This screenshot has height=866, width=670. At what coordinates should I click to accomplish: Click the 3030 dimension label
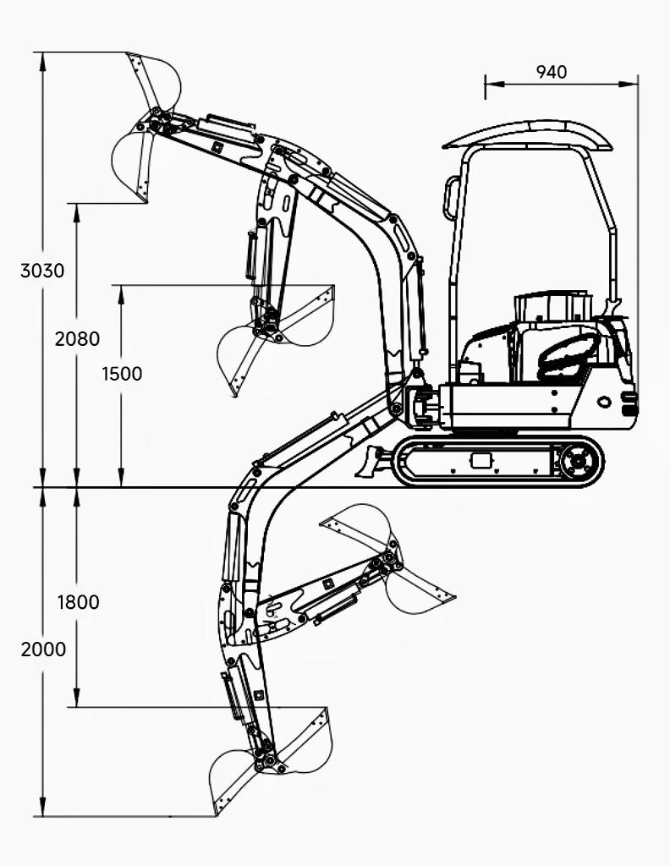pyautogui.click(x=42, y=271)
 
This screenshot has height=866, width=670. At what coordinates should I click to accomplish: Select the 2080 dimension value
pyautogui.click(x=77, y=339)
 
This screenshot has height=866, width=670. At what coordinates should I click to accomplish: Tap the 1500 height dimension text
pyautogui.click(x=122, y=374)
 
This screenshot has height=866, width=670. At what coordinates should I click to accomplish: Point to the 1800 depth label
pyautogui.click(x=78, y=602)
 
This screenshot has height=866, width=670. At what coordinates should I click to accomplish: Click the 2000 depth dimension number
pyautogui.click(x=43, y=649)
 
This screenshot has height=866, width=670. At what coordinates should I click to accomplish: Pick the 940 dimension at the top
pyautogui.click(x=552, y=72)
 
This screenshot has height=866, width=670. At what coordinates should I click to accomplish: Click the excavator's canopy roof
pyautogui.click(x=528, y=134)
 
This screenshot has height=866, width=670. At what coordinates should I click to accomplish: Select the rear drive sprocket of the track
pyautogui.click(x=579, y=462)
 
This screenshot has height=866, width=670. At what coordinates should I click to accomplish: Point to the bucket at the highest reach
pyautogui.click(x=147, y=127)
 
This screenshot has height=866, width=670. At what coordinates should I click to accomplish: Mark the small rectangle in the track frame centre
pyautogui.click(x=481, y=460)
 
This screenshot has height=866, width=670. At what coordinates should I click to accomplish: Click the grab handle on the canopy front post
pyautogui.click(x=451, y=198)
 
